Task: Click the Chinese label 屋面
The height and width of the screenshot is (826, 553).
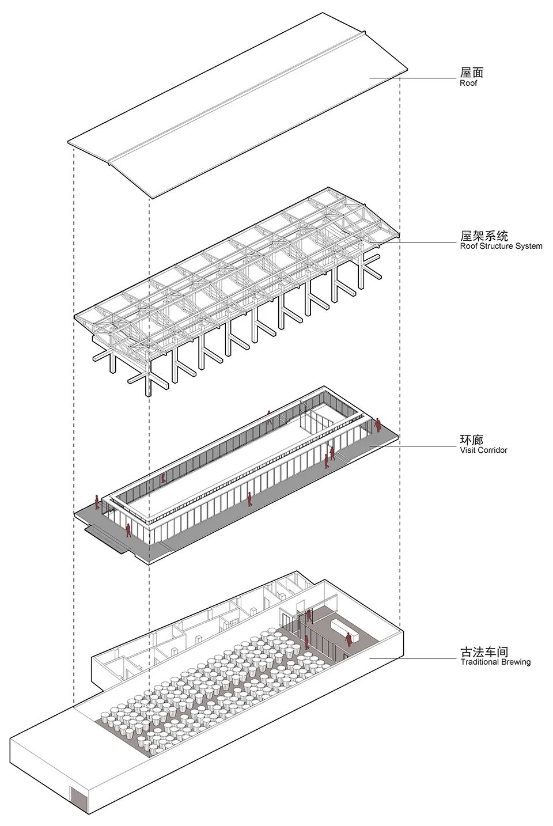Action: pyautogui.click(x=471, y=73)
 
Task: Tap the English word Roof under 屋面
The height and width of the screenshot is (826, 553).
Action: pyautogui.click(x=468, y=83)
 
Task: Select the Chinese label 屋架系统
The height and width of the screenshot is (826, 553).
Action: pyautogui.click(x=484, y=236)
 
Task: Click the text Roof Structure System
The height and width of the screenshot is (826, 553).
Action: pyautogui.click(x=501, y=246)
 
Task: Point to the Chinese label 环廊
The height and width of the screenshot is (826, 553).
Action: pyautogui.click(x=471, y=440)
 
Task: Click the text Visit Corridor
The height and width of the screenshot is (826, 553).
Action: pyautogui.click(x=483, y=450)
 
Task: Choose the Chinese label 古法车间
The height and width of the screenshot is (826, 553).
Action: pyautogui.click(x=484, y=652)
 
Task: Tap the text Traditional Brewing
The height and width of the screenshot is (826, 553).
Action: pyautogui.click(x=495, y=662)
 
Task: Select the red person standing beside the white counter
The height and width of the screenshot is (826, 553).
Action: pyautogui.click(x=349, y=640)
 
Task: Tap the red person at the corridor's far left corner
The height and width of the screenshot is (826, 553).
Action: pyautogui.click(x=97, y=503)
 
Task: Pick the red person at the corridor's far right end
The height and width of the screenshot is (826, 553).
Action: pyautogui.click(x=377, y=425)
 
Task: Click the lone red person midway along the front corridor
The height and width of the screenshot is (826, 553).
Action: pyautogui.click(x=249, y=499)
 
